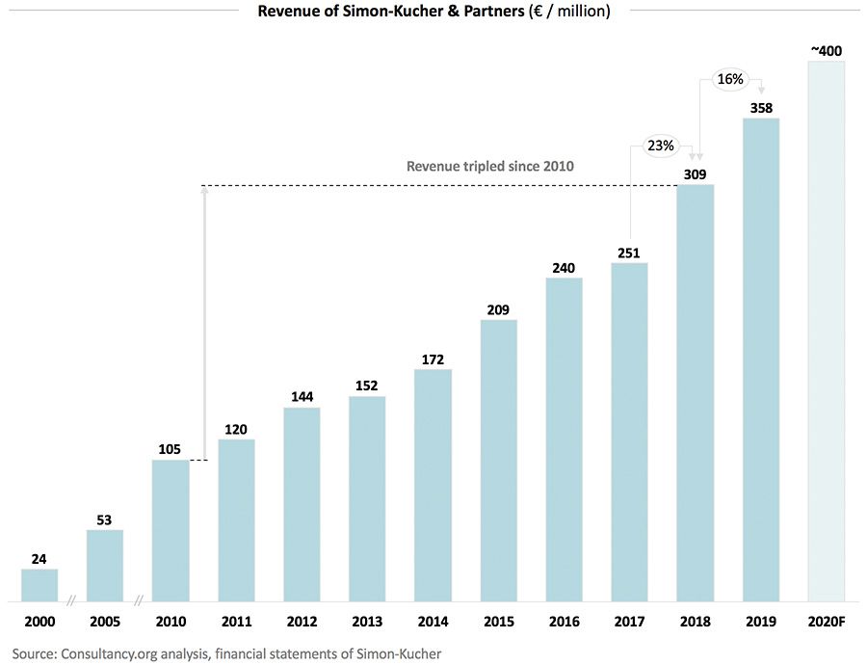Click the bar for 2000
coord(39,585)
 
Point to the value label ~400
coord(826,50)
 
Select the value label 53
coord(105,520)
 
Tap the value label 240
coord(564,269)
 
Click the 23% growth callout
coord(661,146)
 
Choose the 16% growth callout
coord(729,79)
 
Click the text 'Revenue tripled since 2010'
coord(489,166)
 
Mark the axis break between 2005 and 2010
coord(138,601)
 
